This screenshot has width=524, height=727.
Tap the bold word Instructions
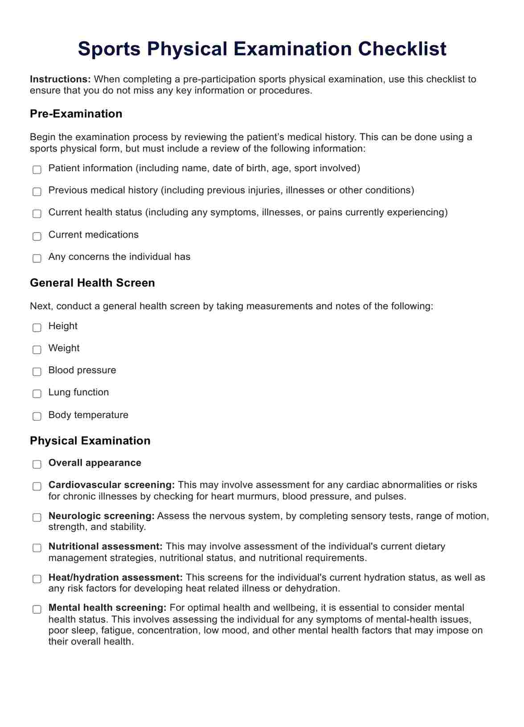click(60, 79)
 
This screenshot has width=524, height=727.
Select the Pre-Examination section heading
click(76, 114)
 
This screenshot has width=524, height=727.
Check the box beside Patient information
click(37, 169)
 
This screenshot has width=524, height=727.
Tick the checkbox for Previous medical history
click(37, 191)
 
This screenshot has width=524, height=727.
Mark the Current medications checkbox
click(37, 236)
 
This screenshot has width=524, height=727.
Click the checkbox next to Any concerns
click(37, 258)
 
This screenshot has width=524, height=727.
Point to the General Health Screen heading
click(92, 283)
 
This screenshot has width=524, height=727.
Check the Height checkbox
click(37, 327)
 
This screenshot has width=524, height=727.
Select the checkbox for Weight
click(37, 349)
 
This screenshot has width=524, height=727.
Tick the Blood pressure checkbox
click(37, 372)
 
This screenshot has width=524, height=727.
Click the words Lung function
click(78, 392)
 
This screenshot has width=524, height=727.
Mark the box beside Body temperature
click(37, 416)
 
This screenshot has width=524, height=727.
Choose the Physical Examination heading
click(90, 441)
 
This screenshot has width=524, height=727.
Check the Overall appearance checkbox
click(37, 464)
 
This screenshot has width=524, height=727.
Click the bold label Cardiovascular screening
click(111, 485)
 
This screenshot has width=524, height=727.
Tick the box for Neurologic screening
click(37, 517)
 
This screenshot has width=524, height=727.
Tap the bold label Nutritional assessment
click(105, 546)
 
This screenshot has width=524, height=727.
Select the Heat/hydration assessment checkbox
click(37, 579)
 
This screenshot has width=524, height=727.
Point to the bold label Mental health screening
click(107, 608)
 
